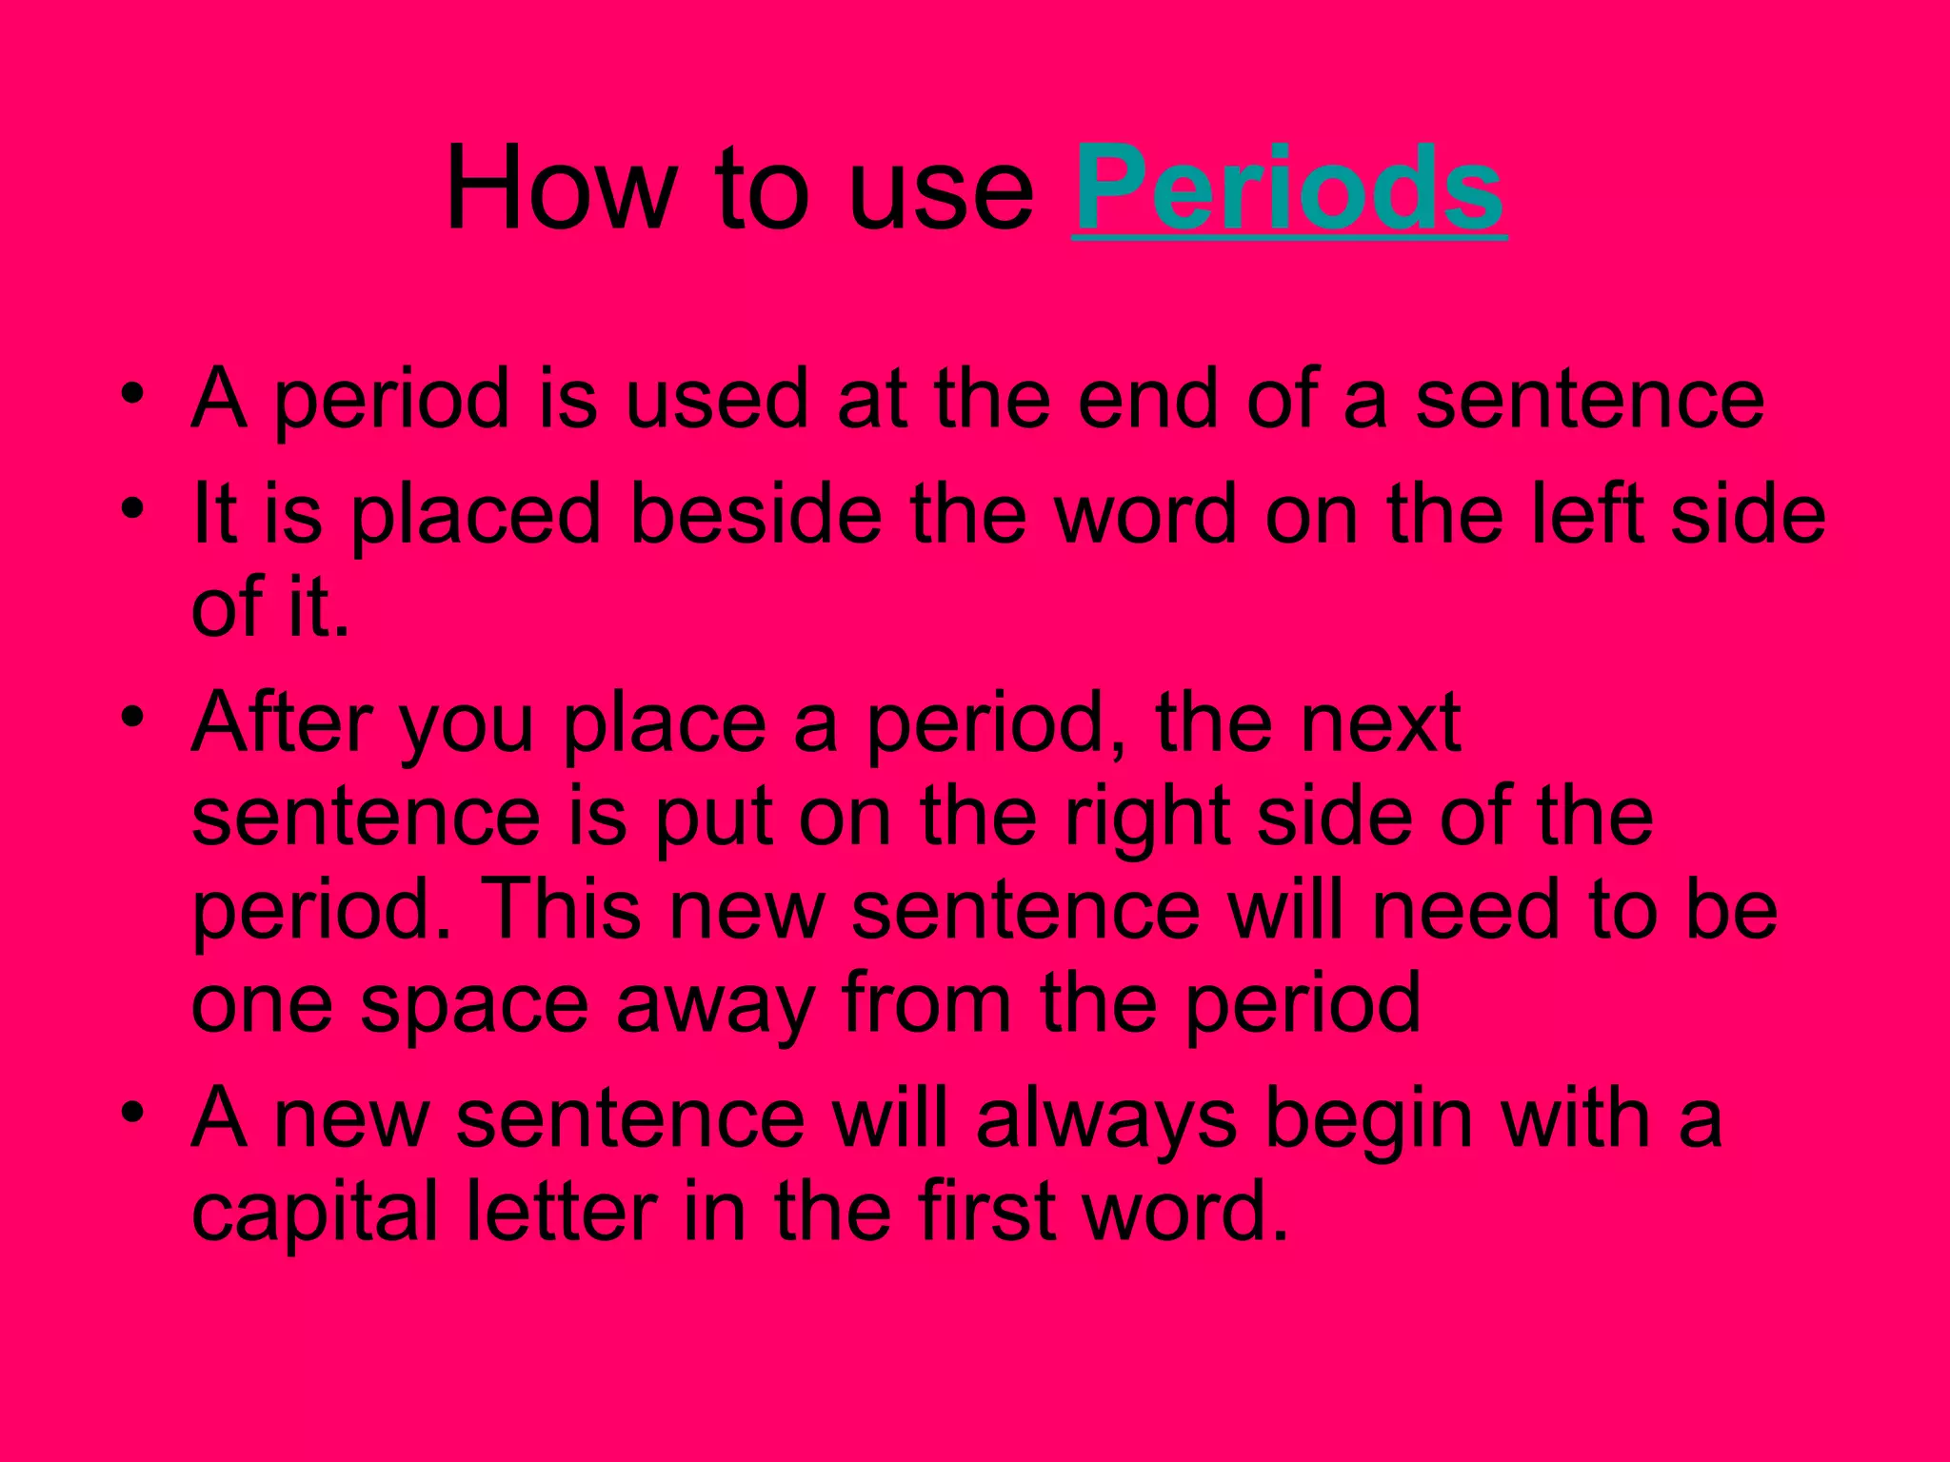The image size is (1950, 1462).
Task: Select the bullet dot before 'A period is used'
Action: pyautogui.click(x=133, y=393)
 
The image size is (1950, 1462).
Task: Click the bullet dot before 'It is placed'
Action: pyautogui.click(x=133, y=508)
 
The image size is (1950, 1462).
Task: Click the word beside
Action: pyautogui.click(x=756, y=514)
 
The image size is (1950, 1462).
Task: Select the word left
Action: pyautogui.click(x=1587, y=514)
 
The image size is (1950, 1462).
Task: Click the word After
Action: pyautogui.click(x=281, y=722)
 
